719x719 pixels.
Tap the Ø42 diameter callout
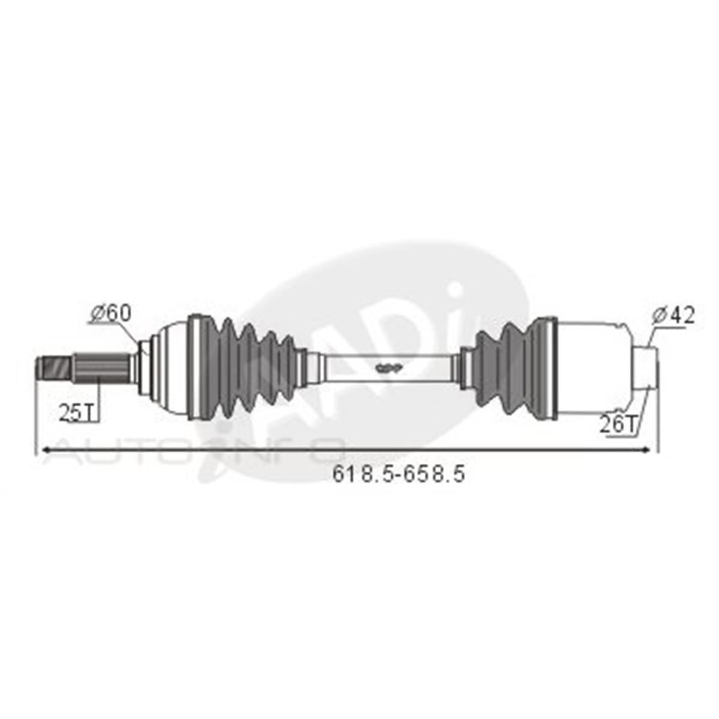[674, 315]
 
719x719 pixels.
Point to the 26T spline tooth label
[617, 424]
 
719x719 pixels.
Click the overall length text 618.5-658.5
[399, 474]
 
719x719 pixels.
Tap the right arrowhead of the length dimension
[646, 451]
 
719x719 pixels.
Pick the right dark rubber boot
[509, 368]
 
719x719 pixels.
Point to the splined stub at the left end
[102, 368]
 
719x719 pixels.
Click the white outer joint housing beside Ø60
[171, 368]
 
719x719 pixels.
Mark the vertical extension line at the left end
[36, 419]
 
